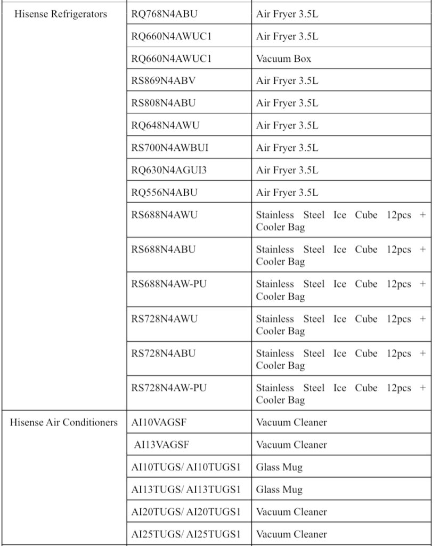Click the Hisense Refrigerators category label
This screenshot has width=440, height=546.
[x=61, y=14]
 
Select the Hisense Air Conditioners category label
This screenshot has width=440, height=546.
[x=64, y=422]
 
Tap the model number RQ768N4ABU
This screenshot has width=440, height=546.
[x=164, y=14]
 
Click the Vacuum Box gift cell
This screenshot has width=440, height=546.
[x=283, y=59]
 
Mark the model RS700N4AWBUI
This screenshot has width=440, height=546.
[x=170, y=148]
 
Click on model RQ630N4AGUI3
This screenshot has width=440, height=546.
[x=169, y=170]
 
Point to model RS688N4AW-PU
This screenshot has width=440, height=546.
[x=169, y=284]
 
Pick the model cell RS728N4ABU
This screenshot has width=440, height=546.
[x=164, y=354]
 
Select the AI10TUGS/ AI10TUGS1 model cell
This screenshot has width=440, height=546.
[x=186, y=467]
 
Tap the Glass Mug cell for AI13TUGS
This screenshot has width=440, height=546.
[x=279, y=489]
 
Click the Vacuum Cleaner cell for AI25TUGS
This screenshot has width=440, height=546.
[x=291, y=534]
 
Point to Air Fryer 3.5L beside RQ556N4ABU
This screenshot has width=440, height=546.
[x=287, y=192]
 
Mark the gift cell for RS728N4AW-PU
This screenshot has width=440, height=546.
[x=341, y=394]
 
